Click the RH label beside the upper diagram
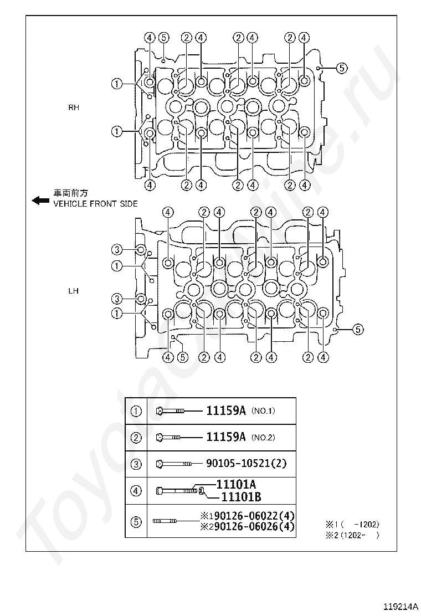(x=74, y=107)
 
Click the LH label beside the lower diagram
(x=74, y=290)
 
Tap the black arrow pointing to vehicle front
(x=40, y=201)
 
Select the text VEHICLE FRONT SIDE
(x=95, y=204)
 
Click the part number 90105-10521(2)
(x=247, y=463)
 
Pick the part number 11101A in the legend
(x=236, y=484)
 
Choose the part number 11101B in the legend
(x=241, y=497)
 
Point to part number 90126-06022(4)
(x=251, y=516)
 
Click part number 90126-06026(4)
(x=251, y=526)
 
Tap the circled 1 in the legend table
(x=136, y=411)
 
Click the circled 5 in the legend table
(x=136, y=521)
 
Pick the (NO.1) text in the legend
(x=263, y=411)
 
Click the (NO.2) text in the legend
(x=263, y=437)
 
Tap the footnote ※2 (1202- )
(x=352, y=535)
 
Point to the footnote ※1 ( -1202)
(x=352, y=524)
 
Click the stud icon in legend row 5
(x=165, y=521)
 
